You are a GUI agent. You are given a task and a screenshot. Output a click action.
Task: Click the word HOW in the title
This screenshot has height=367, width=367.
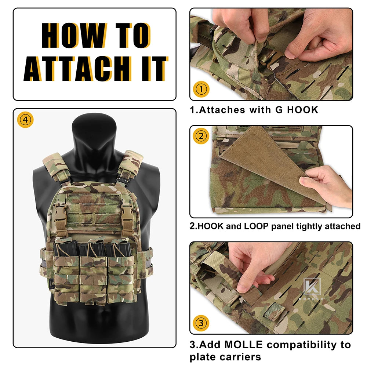tap(74, 35)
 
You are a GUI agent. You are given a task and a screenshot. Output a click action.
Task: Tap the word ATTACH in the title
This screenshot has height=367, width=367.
tap(78, 69)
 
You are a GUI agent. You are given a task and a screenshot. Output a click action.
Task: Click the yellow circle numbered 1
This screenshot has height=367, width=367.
tap(201, 89)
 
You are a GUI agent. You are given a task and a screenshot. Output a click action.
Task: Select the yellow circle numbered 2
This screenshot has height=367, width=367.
tap(201, 136)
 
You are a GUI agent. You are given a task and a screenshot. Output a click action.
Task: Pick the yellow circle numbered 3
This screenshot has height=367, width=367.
tap(201, 323)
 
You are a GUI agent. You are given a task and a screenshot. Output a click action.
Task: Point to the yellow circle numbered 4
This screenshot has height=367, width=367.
tap(25, 120)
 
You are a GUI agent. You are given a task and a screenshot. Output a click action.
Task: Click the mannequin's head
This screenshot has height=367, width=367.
tap(94, 131)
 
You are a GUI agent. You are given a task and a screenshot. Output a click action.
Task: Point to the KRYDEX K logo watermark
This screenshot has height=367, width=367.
tap(312, 286)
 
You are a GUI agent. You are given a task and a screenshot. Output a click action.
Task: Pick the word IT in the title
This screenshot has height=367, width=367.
tap(155, 69)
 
